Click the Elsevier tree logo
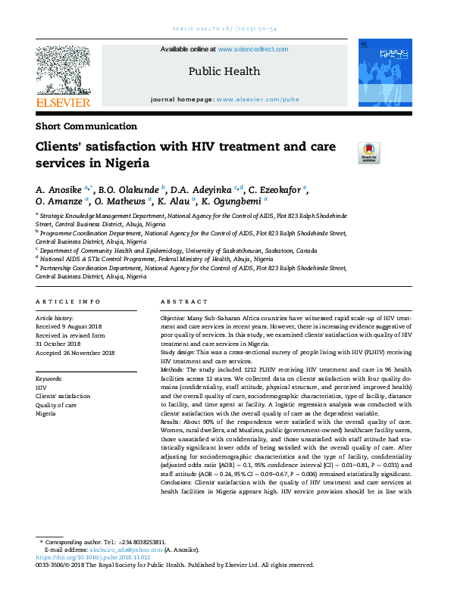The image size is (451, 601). [x=62, y=70]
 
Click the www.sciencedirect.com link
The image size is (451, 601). [x=252, y=49]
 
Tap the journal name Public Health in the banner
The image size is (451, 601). [x=224, y=71]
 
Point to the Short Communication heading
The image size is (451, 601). [x=86, y=126]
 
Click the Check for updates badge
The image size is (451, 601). [x=368, y=153]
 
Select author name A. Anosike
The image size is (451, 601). [x=60, y=188]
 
